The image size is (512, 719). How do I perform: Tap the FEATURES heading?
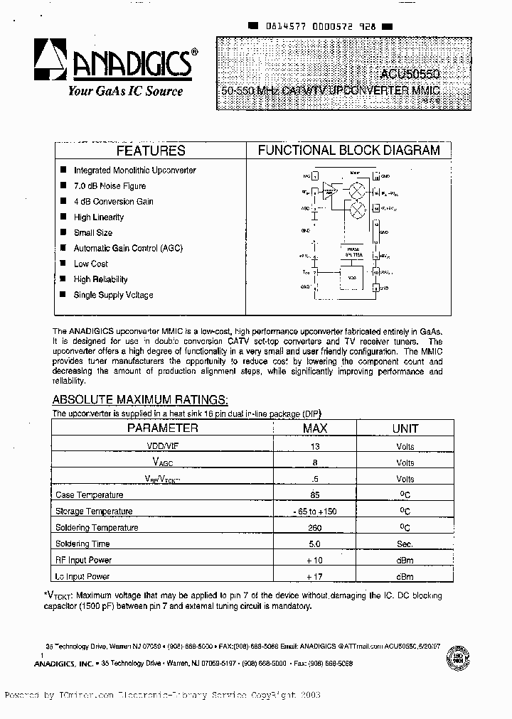pyautogui.click(x=150, y=151)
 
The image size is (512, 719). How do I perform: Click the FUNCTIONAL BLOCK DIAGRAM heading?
pyautogui.click(x=348, y=151)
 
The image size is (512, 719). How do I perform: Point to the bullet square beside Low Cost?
pyautogui.click(x=63, y=264)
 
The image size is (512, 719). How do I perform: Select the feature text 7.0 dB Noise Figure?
pyautogui.click(x=110, y=186)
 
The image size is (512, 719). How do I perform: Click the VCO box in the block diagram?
pyautogui.click(x=350, y=278)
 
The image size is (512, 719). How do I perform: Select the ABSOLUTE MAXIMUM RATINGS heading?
pyautogui.click(x=140, y=399)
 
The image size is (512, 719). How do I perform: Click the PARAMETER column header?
pyautogui.click(x=162, y=428)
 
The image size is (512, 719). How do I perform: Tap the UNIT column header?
pyautogui.click(x=405, y=428)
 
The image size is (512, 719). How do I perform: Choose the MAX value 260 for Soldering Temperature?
pyautogui.click(x=314, y=528)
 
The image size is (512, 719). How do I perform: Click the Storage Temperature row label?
pyautogui.click(x=94, y=512)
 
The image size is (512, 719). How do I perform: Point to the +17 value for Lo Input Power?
pyautogui.click(x=314, y=577)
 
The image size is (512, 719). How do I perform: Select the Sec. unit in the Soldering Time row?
pyautogui.click(x=405, y=544)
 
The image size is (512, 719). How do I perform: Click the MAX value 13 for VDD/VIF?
pyautogui.click(x=314, y=447)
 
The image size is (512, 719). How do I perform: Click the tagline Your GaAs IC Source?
pyautogui.click(x=125, y=91)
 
